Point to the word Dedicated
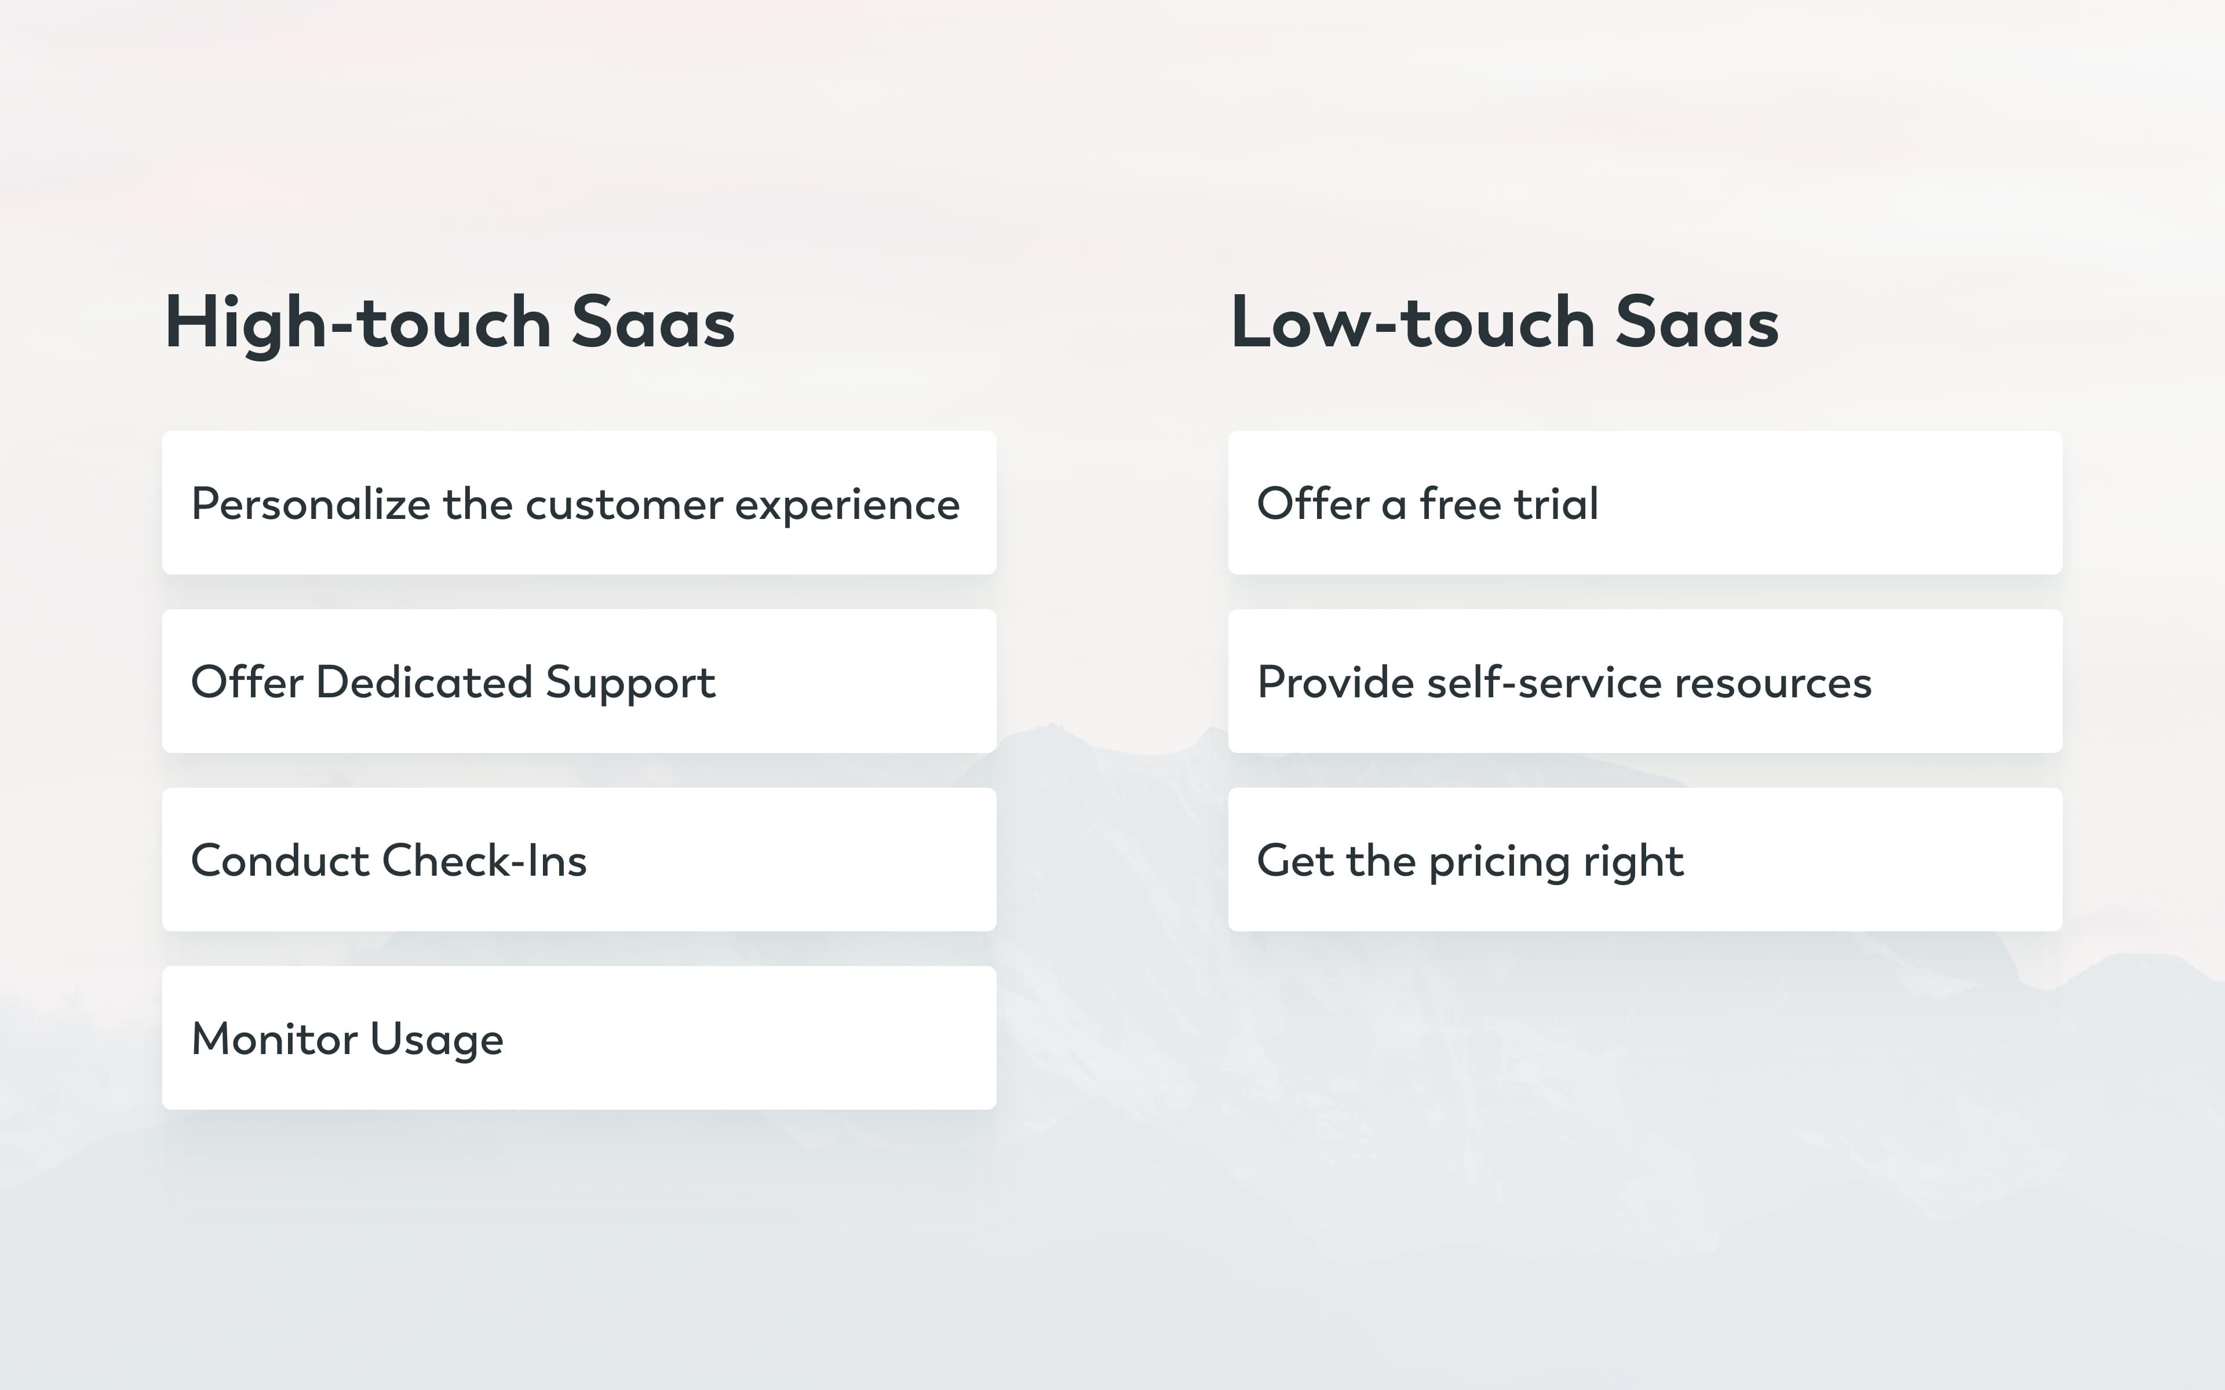pos(424,682)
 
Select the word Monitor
pos(274,1039)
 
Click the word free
pos(1460,504)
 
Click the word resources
pos(1772,683)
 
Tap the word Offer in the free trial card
pos(1313,504)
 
